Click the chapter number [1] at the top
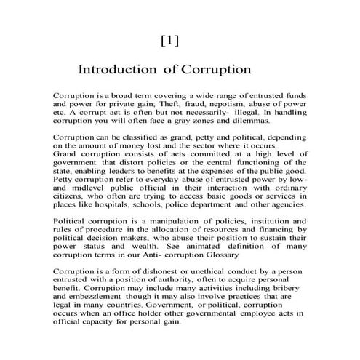tap(169, 41)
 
